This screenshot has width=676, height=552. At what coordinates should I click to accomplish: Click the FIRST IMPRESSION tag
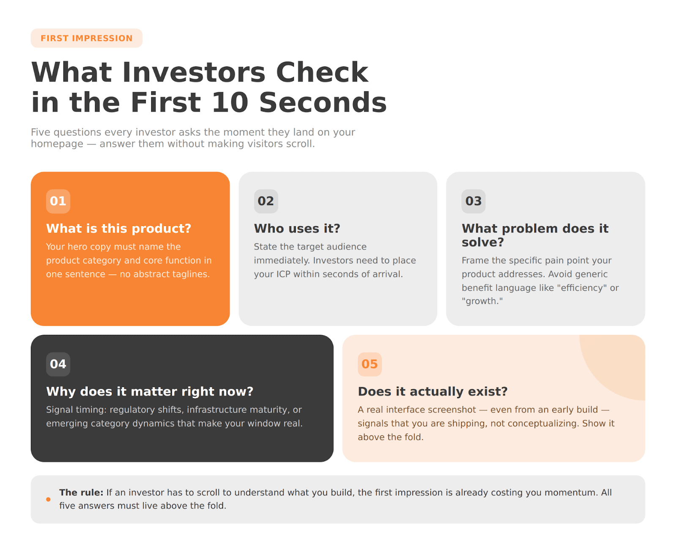pos(87,38)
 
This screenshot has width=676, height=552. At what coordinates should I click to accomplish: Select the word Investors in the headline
pos(194,72)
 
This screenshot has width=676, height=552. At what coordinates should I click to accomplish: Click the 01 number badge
pos(58,201)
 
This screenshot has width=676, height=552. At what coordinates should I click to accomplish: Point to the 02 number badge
pos(266,201)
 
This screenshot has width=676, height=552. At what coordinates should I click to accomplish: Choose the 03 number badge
pos(473,201)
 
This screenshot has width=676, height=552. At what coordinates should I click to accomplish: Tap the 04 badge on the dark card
pos(58,364)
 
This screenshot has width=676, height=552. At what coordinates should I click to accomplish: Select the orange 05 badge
pos(370,364)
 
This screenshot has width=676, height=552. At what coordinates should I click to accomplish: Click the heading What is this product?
pos(119,229)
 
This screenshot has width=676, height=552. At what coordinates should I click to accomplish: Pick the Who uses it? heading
pos(297,229)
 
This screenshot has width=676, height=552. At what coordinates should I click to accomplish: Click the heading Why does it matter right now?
pos(150,391)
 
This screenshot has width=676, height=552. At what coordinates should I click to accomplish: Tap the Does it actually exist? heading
pos(433,391)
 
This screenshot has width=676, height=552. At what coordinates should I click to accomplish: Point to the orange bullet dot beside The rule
pos(48,499)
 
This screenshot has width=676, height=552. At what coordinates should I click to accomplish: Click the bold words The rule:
pos(81,492)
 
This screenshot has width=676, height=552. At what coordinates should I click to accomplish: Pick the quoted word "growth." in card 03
pos(482,301)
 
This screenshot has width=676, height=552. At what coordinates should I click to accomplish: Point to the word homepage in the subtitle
pos(57,144)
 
